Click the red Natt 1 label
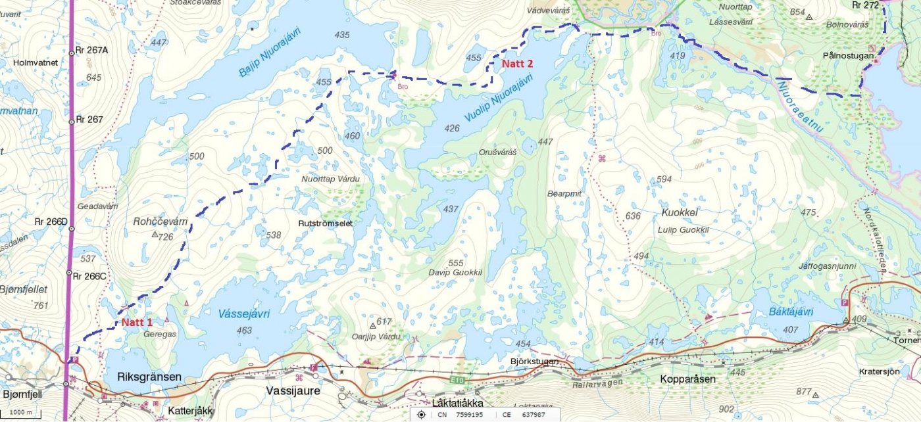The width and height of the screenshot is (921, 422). [x=136, y=323]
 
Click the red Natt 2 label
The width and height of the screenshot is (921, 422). [x=517, y=64]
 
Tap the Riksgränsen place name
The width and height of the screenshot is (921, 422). [x=148, y=379]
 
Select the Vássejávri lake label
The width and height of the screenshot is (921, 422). [x=244, y=314]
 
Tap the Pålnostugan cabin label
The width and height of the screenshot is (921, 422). [x=848, y=57]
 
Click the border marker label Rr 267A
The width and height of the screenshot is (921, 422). [x=91, y=50]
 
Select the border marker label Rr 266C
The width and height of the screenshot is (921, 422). [x=89, y=276]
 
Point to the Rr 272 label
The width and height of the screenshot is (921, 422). [x=865, y=5]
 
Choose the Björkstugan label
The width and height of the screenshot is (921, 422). [x=534, y=362]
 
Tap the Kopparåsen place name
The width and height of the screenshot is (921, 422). [x=687, y=379]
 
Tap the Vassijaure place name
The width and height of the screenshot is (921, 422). [x=293, y=390]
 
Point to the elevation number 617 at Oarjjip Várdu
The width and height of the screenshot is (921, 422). [x=384, y=321]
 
